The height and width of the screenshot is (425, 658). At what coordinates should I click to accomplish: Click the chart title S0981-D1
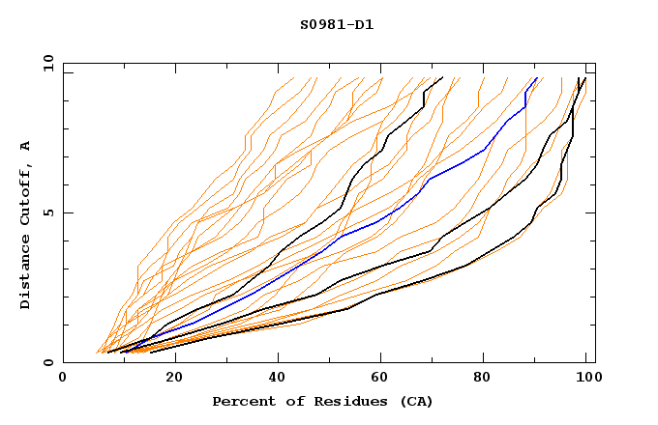337,24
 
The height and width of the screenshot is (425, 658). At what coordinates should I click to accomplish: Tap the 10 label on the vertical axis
45,63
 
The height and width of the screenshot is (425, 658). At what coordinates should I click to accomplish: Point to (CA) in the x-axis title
417,401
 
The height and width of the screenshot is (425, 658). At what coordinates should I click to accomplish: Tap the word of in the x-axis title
289,401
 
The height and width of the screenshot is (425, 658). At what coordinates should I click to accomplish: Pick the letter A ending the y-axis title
25,146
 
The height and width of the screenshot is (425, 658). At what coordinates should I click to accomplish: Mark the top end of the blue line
536,78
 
